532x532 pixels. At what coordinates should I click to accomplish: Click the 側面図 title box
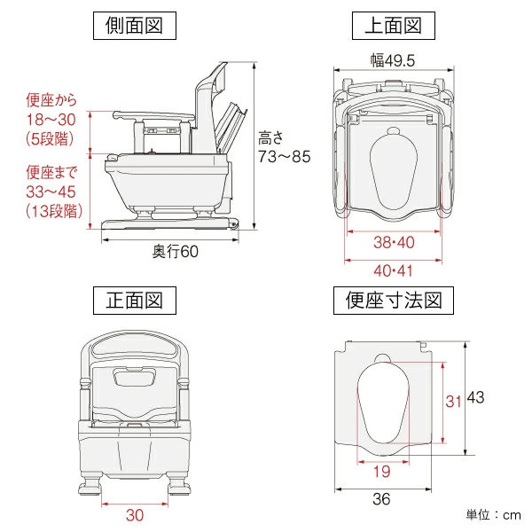(x=135, y=26)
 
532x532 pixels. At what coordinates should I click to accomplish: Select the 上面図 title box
(x=394, y=26)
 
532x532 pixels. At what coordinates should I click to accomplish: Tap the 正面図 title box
(x=135, y=301)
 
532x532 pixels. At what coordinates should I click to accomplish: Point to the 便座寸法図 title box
(x=394, y=301)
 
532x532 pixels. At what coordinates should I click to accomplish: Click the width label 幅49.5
(x=393, y=60)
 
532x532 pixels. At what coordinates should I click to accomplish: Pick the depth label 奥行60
(x=175, y=252)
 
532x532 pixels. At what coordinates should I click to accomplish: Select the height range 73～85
(x=285, y=157)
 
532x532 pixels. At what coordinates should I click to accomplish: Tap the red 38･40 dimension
(x=394, y=243)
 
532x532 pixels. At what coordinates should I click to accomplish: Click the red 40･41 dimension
(x=394, y=271)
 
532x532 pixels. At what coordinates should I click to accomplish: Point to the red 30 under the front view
(x=135, y=515)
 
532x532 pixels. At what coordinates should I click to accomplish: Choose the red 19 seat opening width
(x=382, y=472)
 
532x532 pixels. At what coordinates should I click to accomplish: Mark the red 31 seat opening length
(x=453, y=402)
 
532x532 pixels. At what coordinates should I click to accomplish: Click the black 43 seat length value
(x=475, y=397)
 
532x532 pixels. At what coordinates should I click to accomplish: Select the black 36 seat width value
(x=381, y=499)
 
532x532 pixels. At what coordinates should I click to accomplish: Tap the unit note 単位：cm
(x=493, y=515)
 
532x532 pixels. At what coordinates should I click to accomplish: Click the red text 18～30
(x=51, y=120)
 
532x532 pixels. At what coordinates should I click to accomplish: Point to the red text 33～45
(x=51, y=192)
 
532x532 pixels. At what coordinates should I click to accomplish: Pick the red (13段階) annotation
(x=54, y=211)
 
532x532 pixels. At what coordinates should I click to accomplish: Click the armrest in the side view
(x=153, y=116)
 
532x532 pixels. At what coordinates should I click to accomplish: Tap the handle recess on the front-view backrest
(x=135, y=377)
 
